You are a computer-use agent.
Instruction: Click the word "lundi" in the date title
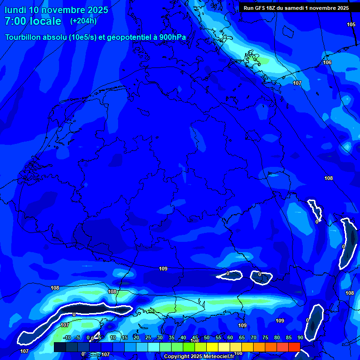pyautogui.click(x=15, y=10)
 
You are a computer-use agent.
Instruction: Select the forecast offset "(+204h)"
pyautogui.click(x=83, y=21)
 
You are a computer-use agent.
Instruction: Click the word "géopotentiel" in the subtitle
pyautogui.click(x=127, y=38)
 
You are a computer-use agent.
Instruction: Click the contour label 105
pyautogui.click(x=351, y=24)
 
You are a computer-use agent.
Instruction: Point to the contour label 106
pyautogui.click(x=327, y=62)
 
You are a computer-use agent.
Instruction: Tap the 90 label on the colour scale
pyautogui.click(x=300, y=337)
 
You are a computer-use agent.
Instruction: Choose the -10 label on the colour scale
pyautogui.click(x=67, y=337)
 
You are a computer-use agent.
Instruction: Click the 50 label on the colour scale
pyautogui.click(x=206, y=337)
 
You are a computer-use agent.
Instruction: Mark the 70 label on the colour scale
pyautogui.click(x=253, y=337)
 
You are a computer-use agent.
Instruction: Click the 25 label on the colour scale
pyautogui.click(x=148, y=337)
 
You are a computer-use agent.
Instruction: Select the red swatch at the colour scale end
pyautogui.click(x=294, y=347)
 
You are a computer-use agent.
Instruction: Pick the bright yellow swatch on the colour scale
pyautogui.click(x=212, y=347)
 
